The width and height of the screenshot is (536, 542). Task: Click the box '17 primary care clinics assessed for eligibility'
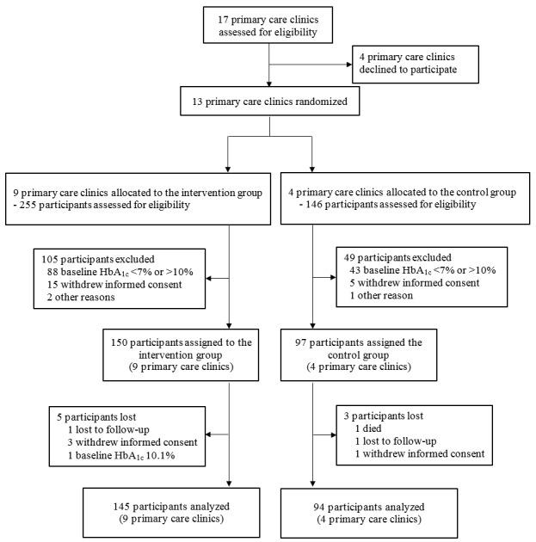(x=269, y=24)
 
